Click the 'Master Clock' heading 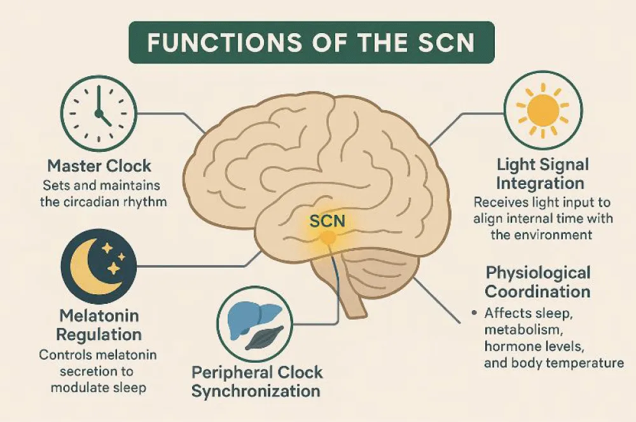pos(100,167)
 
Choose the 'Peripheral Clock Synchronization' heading pos(257,381)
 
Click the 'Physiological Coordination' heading pos(537,282)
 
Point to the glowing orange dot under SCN pos(327,238)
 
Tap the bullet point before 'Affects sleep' pos(474,314)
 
